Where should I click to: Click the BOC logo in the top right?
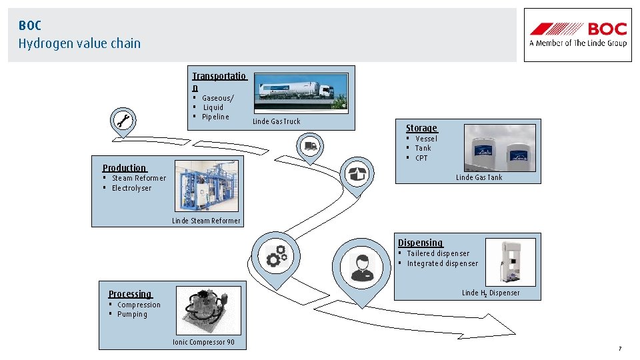tap(578, 35)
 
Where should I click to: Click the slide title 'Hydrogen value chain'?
tap(79, 43)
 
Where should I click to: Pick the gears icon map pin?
tap(277, 256)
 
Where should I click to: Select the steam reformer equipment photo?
tap(206, 187)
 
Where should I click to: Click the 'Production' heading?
tap(124, 168)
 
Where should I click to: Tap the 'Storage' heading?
tap(421, 128)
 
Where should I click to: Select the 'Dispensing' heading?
tap(420, 243)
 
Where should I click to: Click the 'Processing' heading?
tap(130, 294)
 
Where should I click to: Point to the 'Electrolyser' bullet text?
tap(131, 188)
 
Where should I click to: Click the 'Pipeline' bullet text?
tap(215, 117)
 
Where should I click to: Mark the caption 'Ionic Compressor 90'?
tap(203, 342)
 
